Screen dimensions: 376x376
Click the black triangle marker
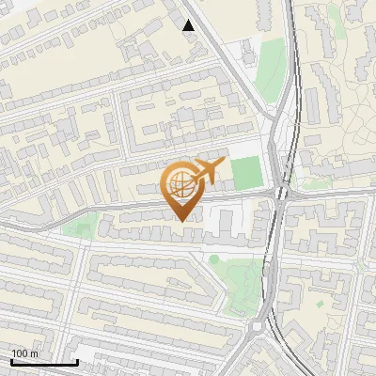[189, 25]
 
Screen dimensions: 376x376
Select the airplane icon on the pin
[208, 171]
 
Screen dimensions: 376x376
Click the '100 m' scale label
[24, 353]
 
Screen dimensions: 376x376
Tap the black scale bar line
[44, 362]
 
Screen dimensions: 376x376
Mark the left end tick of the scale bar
[11, 360]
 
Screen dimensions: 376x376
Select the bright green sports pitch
[247, 171]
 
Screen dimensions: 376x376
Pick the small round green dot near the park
[214, 258]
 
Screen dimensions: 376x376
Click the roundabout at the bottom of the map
[258, 328]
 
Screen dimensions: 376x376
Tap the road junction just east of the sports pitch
[279, 193]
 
